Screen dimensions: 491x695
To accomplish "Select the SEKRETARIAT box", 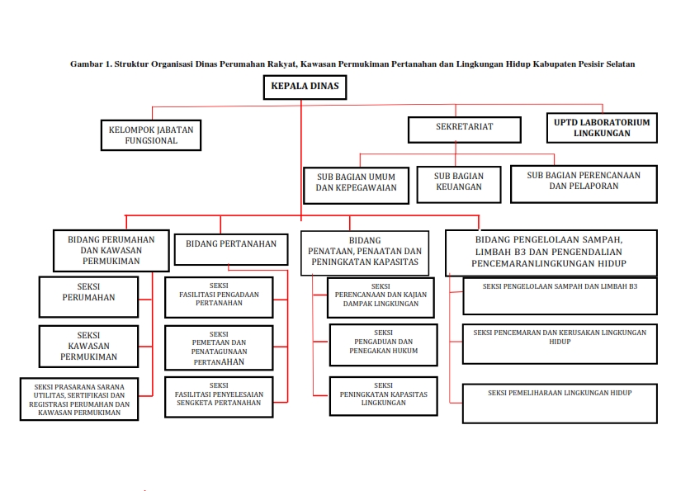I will click(465, 128).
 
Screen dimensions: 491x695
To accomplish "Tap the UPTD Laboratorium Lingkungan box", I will click(602, 127).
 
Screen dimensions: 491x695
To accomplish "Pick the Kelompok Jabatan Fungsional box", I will click(151, 135).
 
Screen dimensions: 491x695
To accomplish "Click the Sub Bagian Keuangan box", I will click(459, 182).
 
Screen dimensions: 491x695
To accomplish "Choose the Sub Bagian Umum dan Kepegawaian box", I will click(356, 182).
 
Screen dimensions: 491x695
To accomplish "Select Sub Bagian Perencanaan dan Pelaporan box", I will click(583, 182).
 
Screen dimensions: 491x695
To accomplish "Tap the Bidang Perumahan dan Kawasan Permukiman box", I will click(111, 249).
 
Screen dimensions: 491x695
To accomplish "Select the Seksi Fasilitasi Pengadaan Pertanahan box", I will click(219, 298).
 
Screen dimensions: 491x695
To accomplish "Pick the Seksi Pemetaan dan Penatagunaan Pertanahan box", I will click(219, 347).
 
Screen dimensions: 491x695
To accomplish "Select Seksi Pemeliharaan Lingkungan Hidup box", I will click(560, 404).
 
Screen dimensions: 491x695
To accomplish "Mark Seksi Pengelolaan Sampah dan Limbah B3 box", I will click(560, 296).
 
